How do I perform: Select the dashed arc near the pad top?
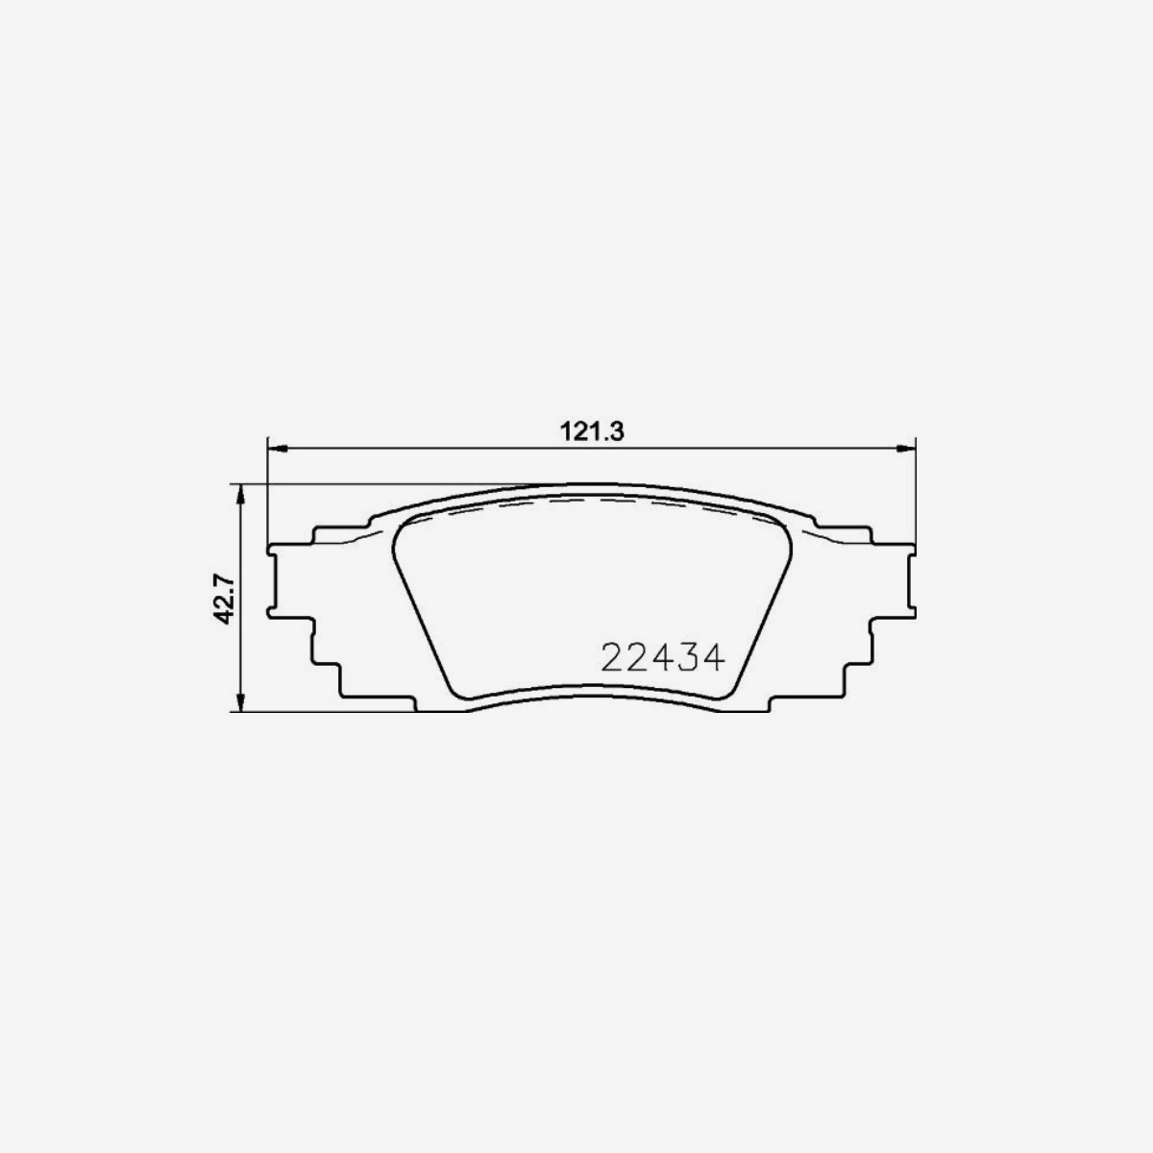(591, 500)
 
